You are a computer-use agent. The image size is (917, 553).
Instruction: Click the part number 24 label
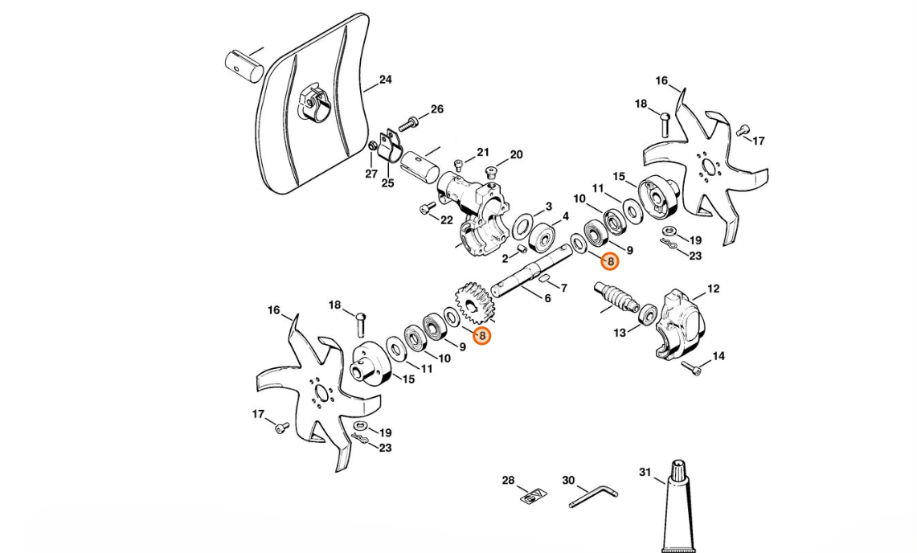pyautogui.click(x=385, y=80)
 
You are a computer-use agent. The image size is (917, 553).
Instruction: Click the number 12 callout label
pyautogui.click(x=713, y=289)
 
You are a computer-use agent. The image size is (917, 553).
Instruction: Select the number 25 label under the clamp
pyautogui.click(x=387, y=183)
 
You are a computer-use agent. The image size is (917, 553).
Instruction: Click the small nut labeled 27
pyautogui.click(x=373, y=146)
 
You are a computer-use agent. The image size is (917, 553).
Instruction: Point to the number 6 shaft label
pyautogui.click(x=547, y=298)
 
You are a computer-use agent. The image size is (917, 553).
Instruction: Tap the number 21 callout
pyautogui.click(x=482, y=152)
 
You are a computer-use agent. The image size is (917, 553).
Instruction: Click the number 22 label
pyautogui.click(x=447, y=219)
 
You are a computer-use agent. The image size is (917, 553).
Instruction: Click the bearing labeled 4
pyautogui.click(x=544, y=236)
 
